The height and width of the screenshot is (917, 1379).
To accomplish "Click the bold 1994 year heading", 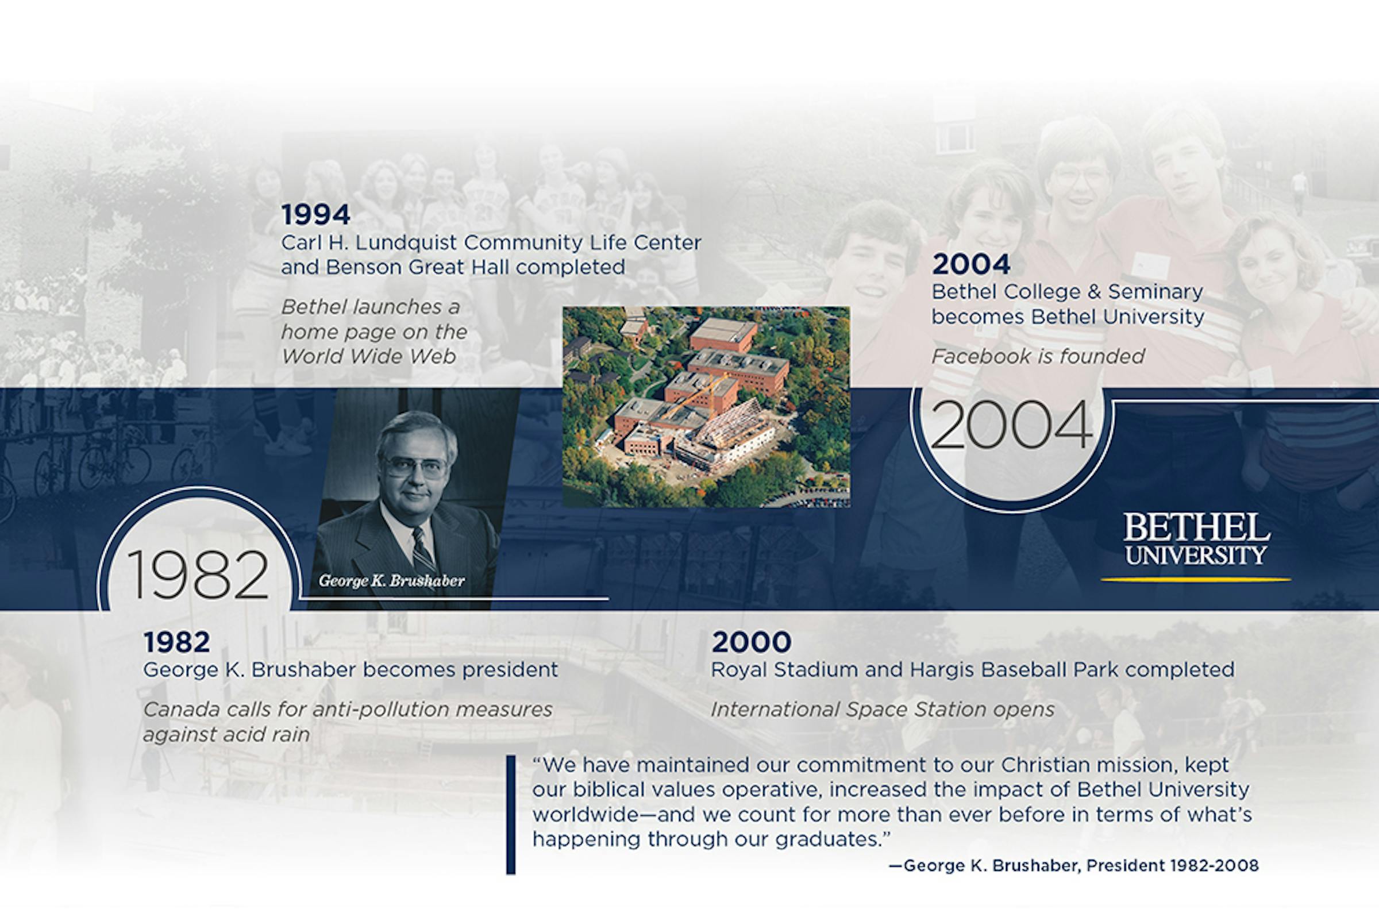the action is click(x=316, y=215).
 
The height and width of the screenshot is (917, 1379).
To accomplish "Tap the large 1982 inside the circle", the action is click(x=198, y=576).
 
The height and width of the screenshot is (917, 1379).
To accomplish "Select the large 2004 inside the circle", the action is click(x=1011, y=425).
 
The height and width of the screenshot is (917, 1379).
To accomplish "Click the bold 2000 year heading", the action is click(x=752, y=642).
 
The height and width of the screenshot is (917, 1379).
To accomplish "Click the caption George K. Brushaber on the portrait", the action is click(x=392, y=581).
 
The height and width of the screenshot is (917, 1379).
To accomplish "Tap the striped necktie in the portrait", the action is click(x=423, y=550).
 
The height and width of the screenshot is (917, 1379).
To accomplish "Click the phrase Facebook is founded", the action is click(x=1038, y=356).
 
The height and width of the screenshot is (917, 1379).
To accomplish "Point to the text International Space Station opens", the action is click(x=883, y=710).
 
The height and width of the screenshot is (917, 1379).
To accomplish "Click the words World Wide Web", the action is click(x=368, y=356).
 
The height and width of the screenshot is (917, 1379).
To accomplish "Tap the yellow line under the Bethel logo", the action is click(x=1196, y=580).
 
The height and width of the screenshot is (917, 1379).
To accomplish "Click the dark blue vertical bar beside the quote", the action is click(x=511, y=815).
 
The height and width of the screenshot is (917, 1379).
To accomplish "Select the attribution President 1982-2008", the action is click(x=1172, y=865).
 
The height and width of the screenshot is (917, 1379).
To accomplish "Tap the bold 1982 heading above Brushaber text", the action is click(x=176, y=642).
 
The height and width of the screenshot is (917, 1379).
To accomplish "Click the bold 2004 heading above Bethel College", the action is click(x=971, y=264).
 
